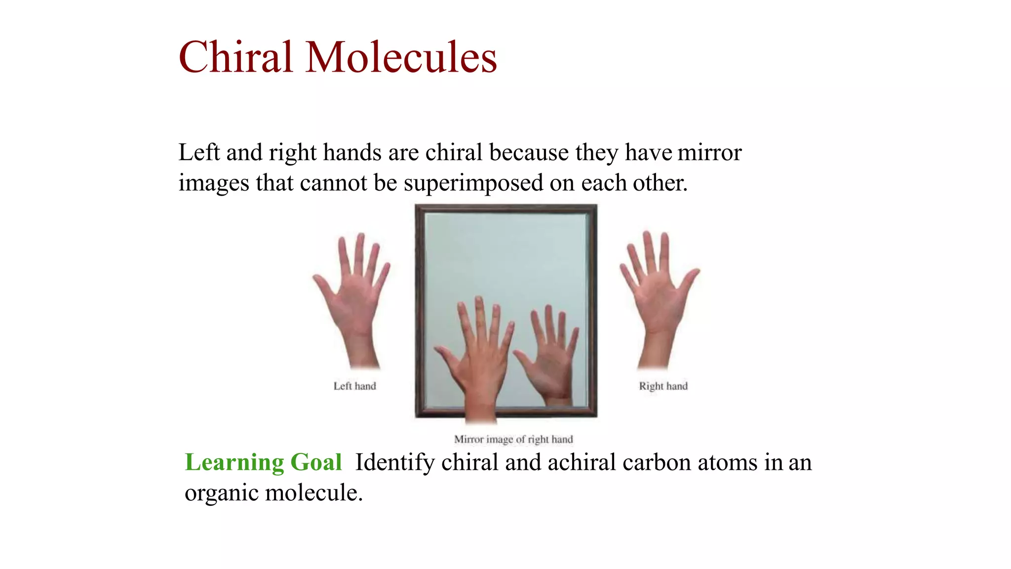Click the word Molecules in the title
[401, 57]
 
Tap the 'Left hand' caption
[354, 386]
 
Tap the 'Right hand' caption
[663, 386]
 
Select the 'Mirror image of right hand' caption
[513, 439]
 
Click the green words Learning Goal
[263, 463]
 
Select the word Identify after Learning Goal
[394, 463]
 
